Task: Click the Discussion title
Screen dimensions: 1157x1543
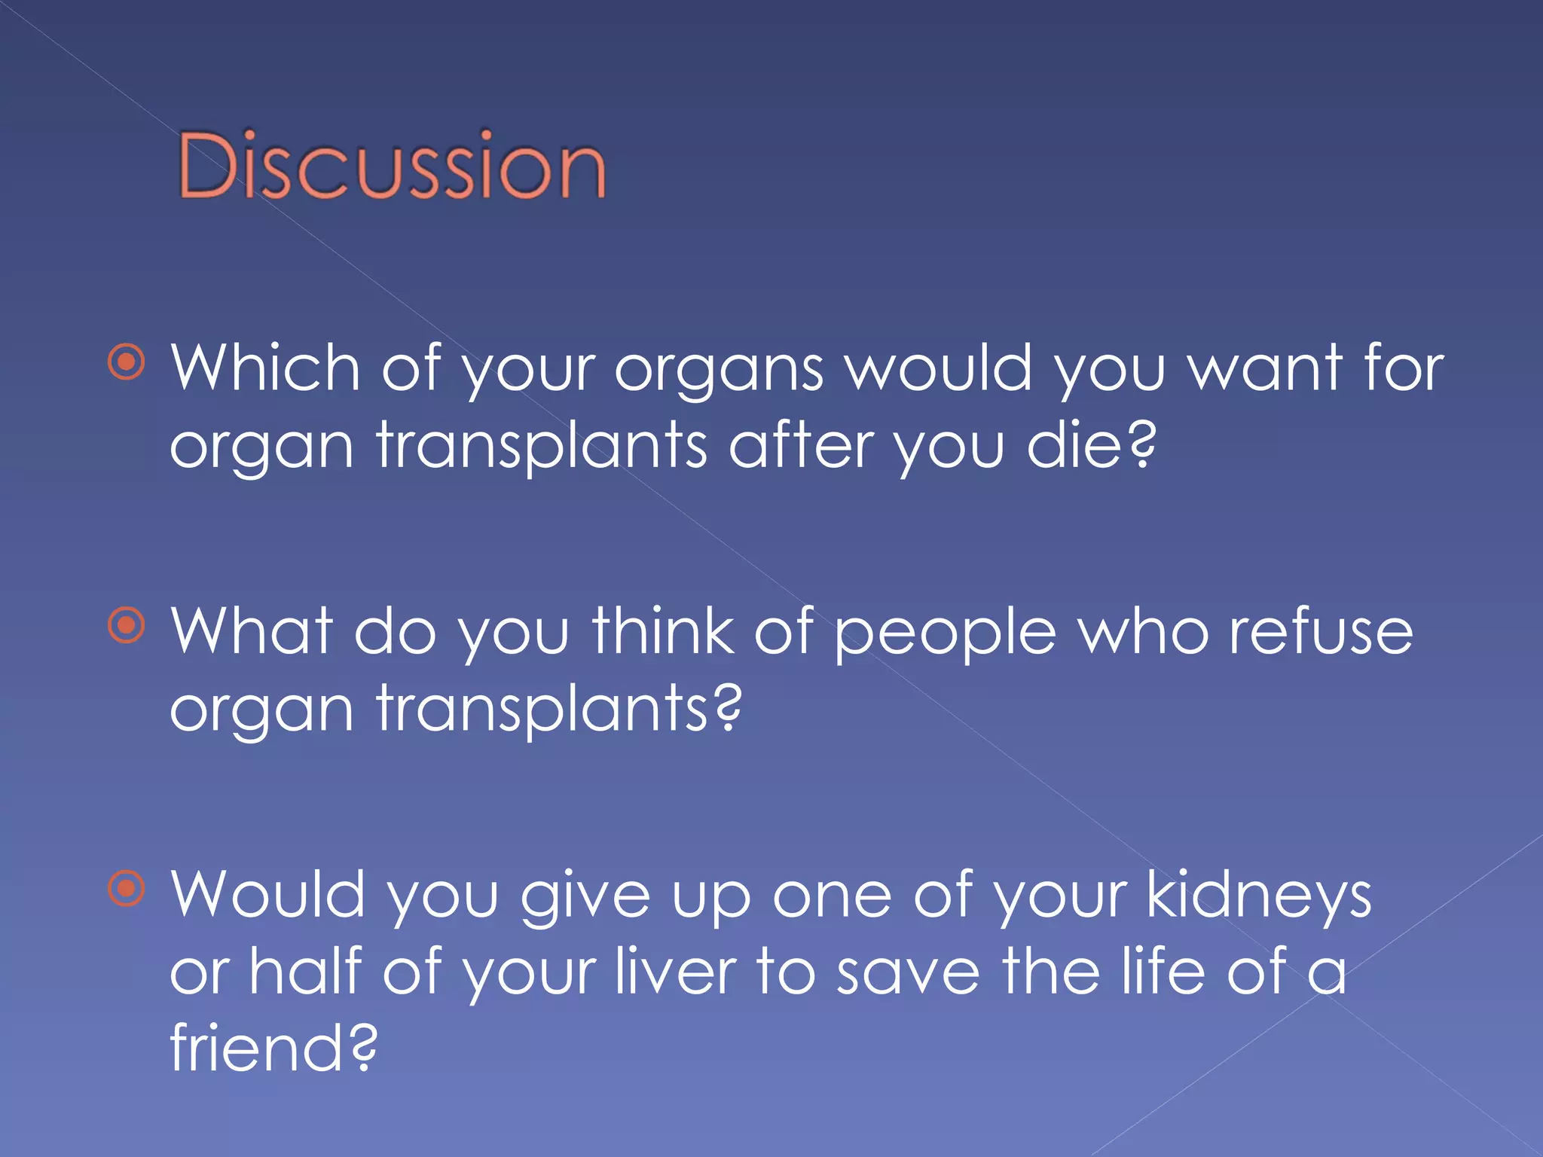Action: (392, 165)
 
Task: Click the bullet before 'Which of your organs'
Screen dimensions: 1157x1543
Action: (127, 363)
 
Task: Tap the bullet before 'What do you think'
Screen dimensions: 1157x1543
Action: (127, 625)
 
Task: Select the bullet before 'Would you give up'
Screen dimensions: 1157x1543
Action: (127, 888)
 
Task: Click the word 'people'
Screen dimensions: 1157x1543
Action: (945, 637)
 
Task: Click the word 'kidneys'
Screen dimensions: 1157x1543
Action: (1258, 896)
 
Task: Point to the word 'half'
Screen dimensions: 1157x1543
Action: (306, 972)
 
